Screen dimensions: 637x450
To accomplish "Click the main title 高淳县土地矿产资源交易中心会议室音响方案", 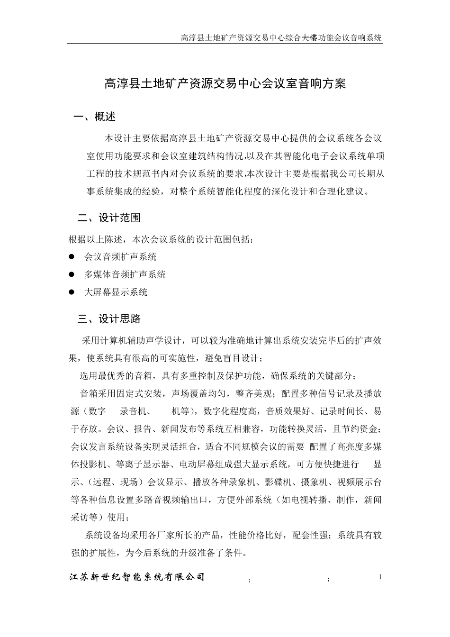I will [x=225, y=84].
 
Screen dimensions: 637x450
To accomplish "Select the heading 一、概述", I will [x=95, y=117].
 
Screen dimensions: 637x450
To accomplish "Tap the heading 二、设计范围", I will [x=109, y=218].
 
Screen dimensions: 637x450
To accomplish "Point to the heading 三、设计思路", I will [x=109, y=319].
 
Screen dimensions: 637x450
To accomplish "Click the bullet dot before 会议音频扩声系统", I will [x=72, y=257].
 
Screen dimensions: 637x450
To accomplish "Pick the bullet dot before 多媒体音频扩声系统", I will [x=72, y=274].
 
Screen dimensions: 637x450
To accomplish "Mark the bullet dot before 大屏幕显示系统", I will [x=72, y=292].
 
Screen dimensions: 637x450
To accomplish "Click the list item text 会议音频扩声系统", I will [x=120, y=257].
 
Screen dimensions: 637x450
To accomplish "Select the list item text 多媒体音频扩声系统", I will [x=125, y=274].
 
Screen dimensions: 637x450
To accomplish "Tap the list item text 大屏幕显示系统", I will [x=116, y=292].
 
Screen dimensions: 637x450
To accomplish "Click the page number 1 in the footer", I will [x=380, y=577].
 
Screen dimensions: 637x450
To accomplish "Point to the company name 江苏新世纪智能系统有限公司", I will [x=137, y=577].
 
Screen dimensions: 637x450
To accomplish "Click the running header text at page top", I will [x=281, y=38].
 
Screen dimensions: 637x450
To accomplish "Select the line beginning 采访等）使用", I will [x=99, y=517].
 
